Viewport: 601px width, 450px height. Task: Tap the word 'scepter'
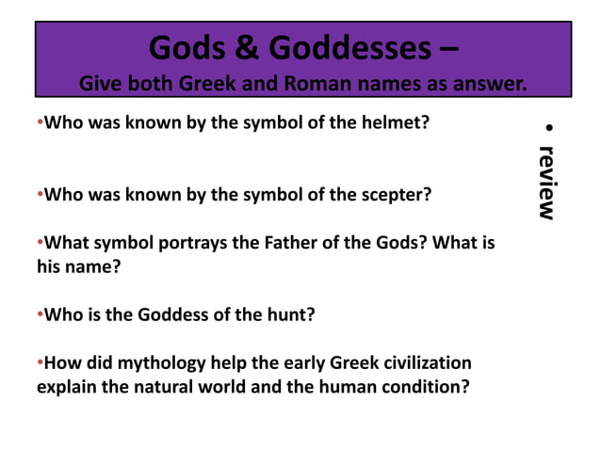pyautogui.click(x=397, y=197)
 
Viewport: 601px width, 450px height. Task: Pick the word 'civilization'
pyautogui.click(x=421, y=363)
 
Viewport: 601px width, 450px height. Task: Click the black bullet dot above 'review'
pyautogui.click(x=549, y=128)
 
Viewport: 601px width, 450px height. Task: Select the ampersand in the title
pyautogui.click(x=250, y=45)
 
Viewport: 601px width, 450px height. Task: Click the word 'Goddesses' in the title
pyautogui.click(x=350, y=45)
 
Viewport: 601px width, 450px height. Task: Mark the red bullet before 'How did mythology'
pyautogui.click(x=40, y=363)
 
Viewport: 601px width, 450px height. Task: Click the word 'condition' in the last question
pyautogui.click(x=419, y=386)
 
